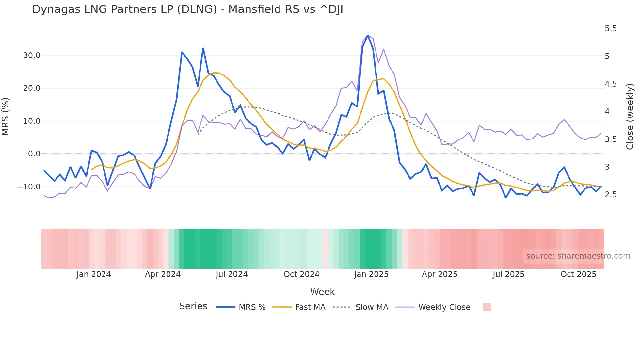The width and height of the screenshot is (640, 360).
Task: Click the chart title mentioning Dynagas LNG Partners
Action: pos(187,9)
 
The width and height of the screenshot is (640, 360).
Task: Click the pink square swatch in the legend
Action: pos(487,307)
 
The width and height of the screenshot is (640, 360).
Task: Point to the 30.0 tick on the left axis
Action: pos(32,56)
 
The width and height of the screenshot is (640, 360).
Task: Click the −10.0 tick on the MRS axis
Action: pos(29,187)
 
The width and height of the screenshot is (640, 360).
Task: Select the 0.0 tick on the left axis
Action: pos(34,154)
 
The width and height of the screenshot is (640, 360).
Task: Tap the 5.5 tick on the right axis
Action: pos(611,29)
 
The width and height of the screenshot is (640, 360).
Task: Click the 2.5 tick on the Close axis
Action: pos(611,195)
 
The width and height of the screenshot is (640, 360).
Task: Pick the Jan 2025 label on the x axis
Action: pos(371,274)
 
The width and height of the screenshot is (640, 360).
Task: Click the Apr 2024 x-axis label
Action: pos(163,274)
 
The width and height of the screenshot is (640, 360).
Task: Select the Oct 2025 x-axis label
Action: pos(578,274)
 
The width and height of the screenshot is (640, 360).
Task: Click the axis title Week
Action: pos(322,292)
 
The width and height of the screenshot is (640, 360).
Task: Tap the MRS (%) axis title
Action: pos(6,116)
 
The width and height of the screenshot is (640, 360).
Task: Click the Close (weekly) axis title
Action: pos(630,116)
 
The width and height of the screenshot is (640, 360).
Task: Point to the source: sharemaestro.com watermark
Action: pos(578,256)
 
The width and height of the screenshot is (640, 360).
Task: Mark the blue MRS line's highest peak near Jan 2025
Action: pos(368,35)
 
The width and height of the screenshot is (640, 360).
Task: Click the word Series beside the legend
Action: pos(193,306)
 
